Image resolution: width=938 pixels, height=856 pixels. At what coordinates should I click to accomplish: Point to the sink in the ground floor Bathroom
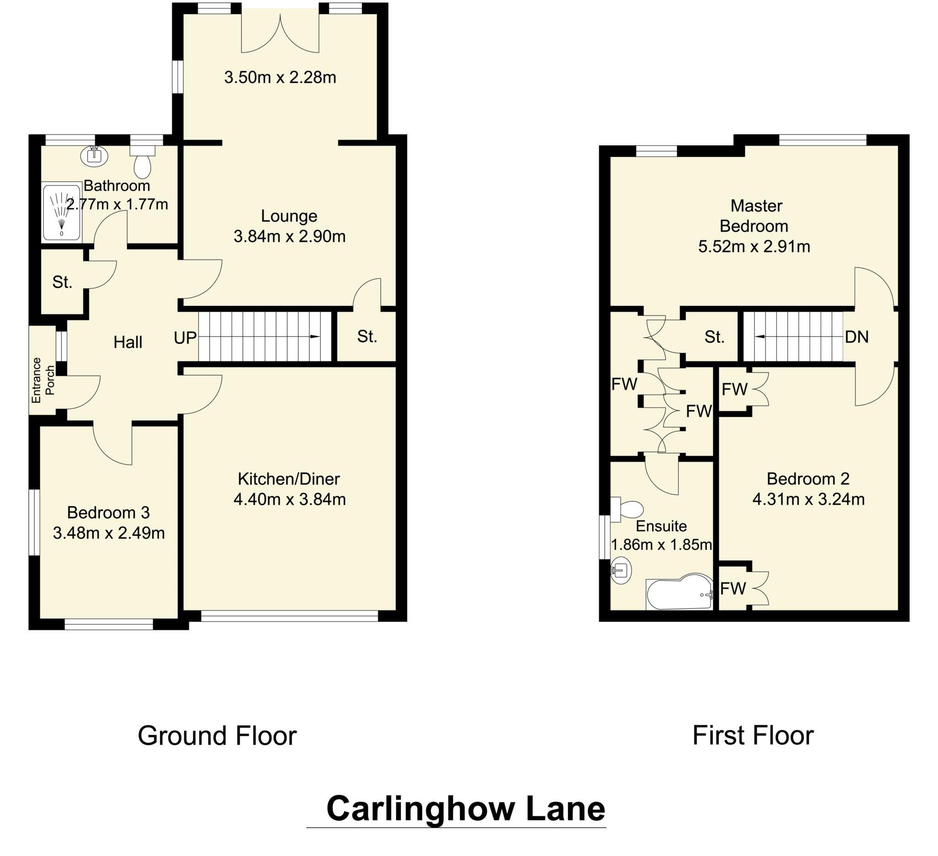point(94,156)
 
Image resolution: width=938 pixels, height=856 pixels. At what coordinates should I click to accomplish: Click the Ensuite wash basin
point(621,570)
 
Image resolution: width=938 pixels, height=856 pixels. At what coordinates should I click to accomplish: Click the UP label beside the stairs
point(185,337)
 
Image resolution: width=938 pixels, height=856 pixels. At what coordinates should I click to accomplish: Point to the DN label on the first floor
point(856,336)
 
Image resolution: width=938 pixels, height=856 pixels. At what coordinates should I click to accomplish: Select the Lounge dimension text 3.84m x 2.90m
point(289,237)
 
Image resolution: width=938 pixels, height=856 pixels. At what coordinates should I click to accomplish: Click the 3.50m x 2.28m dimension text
point(280,77)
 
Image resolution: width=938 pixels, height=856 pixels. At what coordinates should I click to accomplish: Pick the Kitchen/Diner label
point(289,478)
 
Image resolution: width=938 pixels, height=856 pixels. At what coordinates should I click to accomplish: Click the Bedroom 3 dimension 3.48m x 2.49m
point(109,533)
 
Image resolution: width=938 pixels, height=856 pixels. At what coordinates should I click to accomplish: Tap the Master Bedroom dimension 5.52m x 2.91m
point(754,246)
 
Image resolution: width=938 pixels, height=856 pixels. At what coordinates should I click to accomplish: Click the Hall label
point(128,343)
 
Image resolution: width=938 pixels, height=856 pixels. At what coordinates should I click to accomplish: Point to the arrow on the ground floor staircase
point(314,337)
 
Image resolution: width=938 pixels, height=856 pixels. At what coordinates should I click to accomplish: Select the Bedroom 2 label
point(808,478)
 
